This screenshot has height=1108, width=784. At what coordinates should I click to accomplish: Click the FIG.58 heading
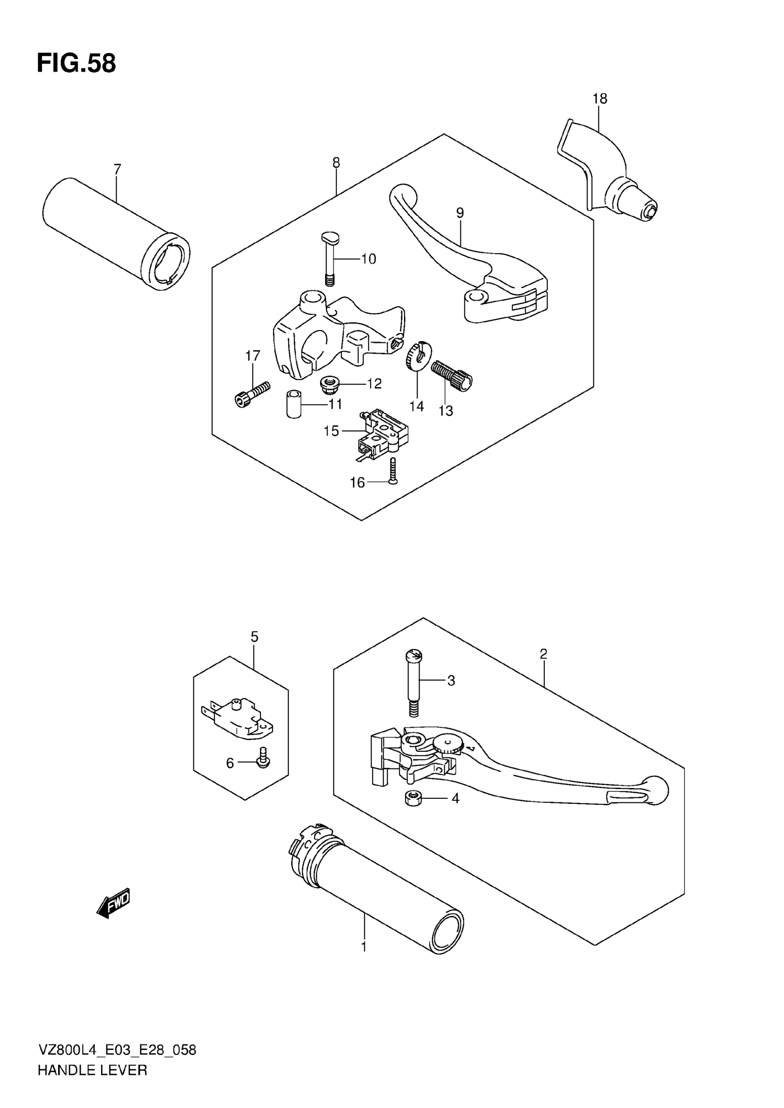tap(76, 63)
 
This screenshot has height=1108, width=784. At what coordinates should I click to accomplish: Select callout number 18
tap(600, 99)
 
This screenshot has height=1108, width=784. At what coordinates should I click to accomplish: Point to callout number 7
tap(117, 170)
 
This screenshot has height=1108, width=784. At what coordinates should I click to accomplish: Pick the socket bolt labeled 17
tap(251, 393)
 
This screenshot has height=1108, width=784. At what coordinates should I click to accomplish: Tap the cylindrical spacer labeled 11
tap(294, 404)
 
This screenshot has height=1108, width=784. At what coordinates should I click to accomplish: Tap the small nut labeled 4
tap(413, 799)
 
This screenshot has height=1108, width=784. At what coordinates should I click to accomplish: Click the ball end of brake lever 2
tap(655, 790)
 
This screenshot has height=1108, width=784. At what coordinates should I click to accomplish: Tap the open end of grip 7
tap(166, 262)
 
